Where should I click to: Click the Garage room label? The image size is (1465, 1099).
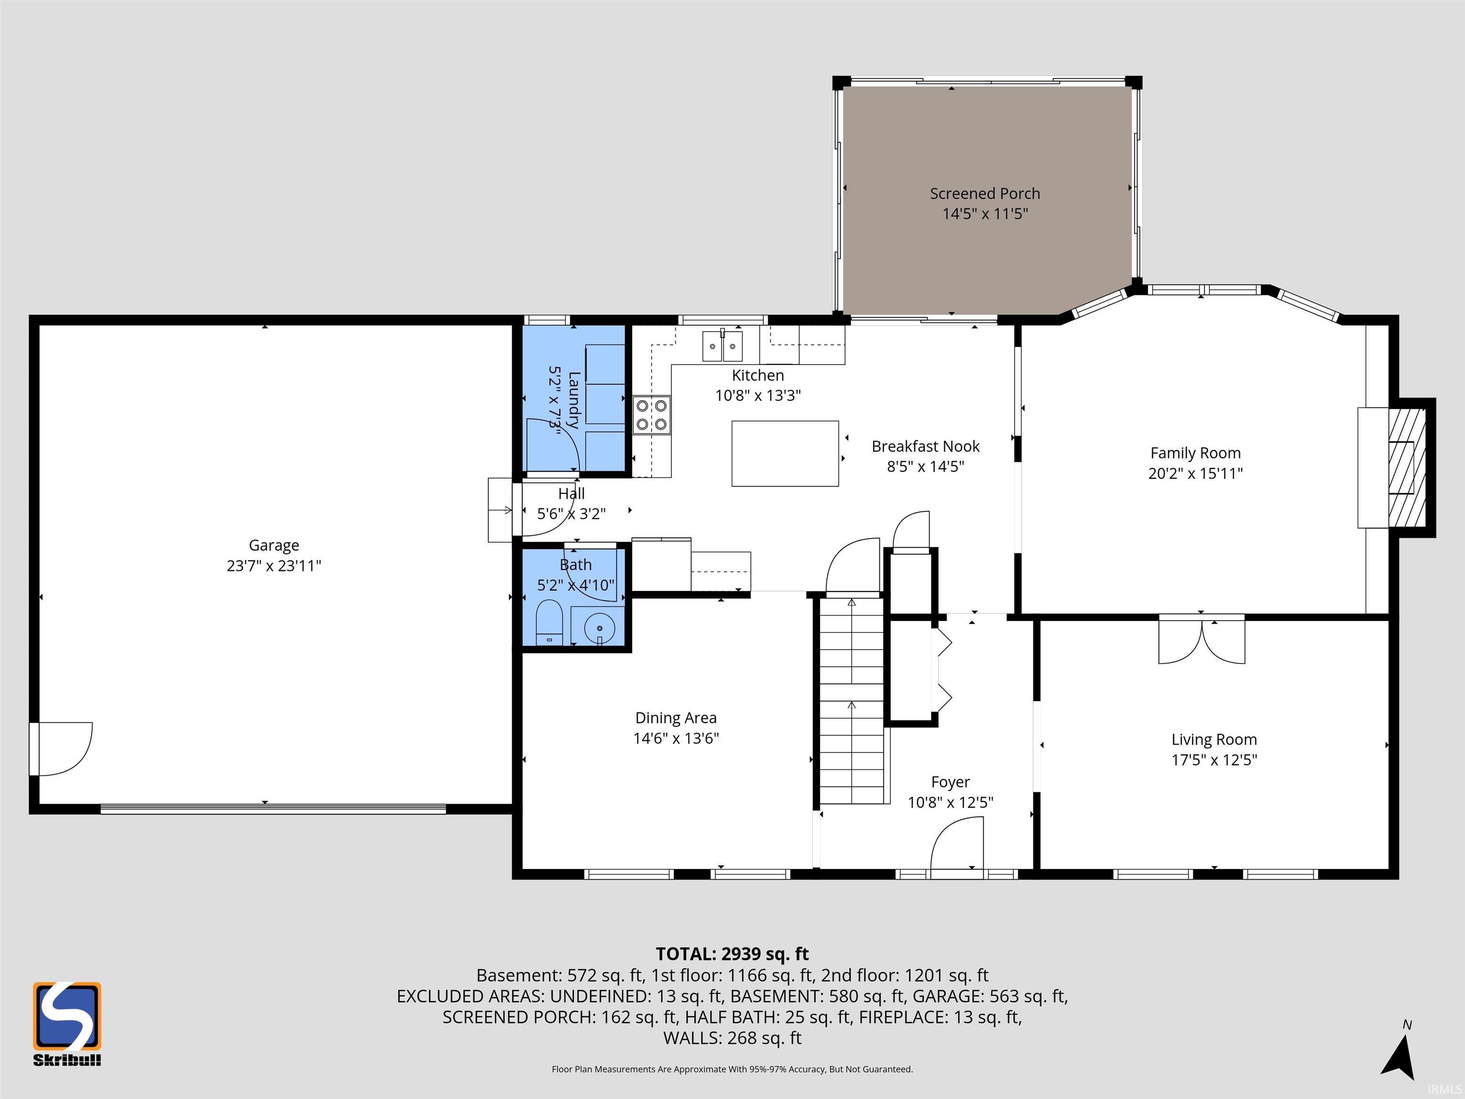point(274,545)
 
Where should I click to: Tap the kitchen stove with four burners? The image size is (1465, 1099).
point(652,415)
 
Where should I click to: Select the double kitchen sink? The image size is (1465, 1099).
point(722,346)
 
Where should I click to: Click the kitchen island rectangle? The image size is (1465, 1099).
point(785,453)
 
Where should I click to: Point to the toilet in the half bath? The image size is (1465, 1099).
point(548,622)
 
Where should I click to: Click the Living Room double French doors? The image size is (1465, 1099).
point(1201,640)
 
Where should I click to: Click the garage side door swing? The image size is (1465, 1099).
point(61,748)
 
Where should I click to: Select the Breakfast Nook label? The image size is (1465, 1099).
point(925,446)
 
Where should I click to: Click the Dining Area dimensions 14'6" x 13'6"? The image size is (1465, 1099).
point(676,738)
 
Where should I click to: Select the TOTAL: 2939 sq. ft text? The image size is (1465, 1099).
point(732,954)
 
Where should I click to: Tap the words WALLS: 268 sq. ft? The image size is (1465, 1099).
point(732,1038)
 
